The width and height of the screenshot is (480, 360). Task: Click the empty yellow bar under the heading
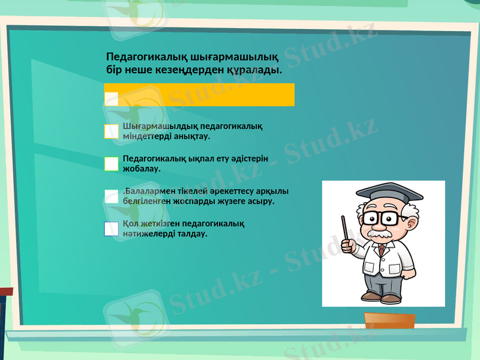(x=204, y=95)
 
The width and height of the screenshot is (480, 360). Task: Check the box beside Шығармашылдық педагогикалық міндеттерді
(x=112, y=131)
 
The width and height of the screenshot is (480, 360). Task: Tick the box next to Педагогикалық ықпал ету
(x=112, y=164)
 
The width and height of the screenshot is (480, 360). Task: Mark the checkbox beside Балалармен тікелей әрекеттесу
(x=112, y=196)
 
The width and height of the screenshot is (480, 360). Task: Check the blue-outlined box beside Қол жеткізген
(x=112, y=229)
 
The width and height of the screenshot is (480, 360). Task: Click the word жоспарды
(x=212, y=201)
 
